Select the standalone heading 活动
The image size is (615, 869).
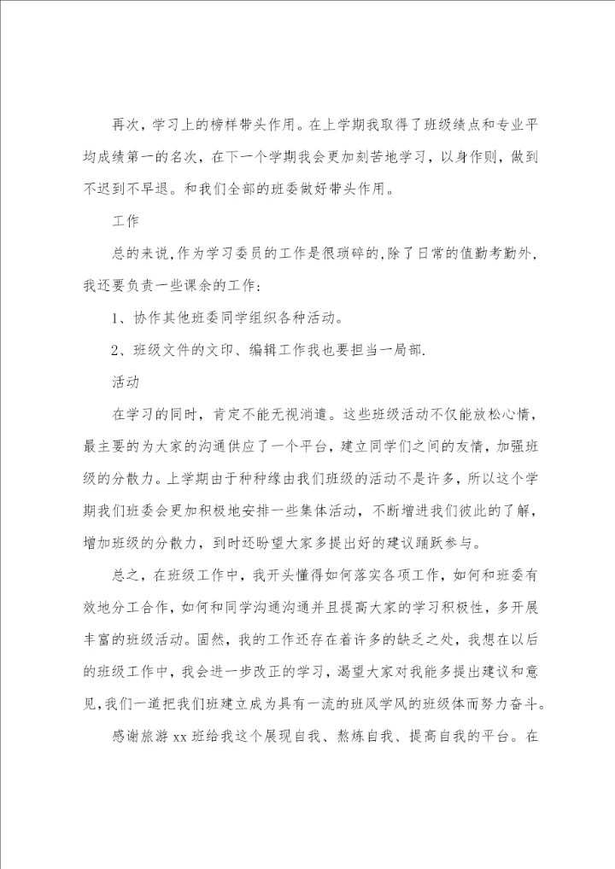click(125, 379)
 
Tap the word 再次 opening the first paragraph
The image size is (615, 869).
click(125, 126)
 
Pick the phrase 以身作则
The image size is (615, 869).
click(469, 157)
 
